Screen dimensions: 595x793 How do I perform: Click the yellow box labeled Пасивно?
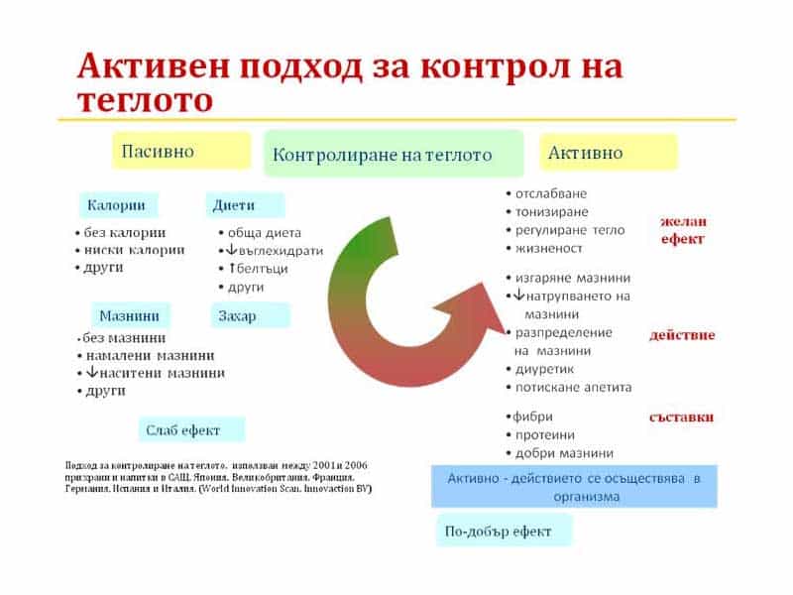[180, 151]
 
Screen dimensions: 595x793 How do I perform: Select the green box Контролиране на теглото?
[393, 154]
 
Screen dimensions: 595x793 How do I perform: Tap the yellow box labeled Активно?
[608, 153]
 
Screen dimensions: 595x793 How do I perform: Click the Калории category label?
[117, 205]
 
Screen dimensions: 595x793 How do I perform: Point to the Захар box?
[250, 315]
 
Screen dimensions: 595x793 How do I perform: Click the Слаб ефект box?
[191, 429]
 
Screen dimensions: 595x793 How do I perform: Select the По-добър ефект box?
[504, 531]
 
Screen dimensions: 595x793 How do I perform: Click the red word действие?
[682, 335]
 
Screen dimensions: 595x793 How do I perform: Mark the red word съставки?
[682, 416]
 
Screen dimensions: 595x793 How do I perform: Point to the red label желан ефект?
[683, 230]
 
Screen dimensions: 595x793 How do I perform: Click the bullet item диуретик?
[551, 369]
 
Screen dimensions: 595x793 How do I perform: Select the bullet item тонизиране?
[551, 211]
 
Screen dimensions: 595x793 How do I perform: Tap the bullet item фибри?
[533, 416]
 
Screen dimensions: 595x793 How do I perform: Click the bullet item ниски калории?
[134, 250]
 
